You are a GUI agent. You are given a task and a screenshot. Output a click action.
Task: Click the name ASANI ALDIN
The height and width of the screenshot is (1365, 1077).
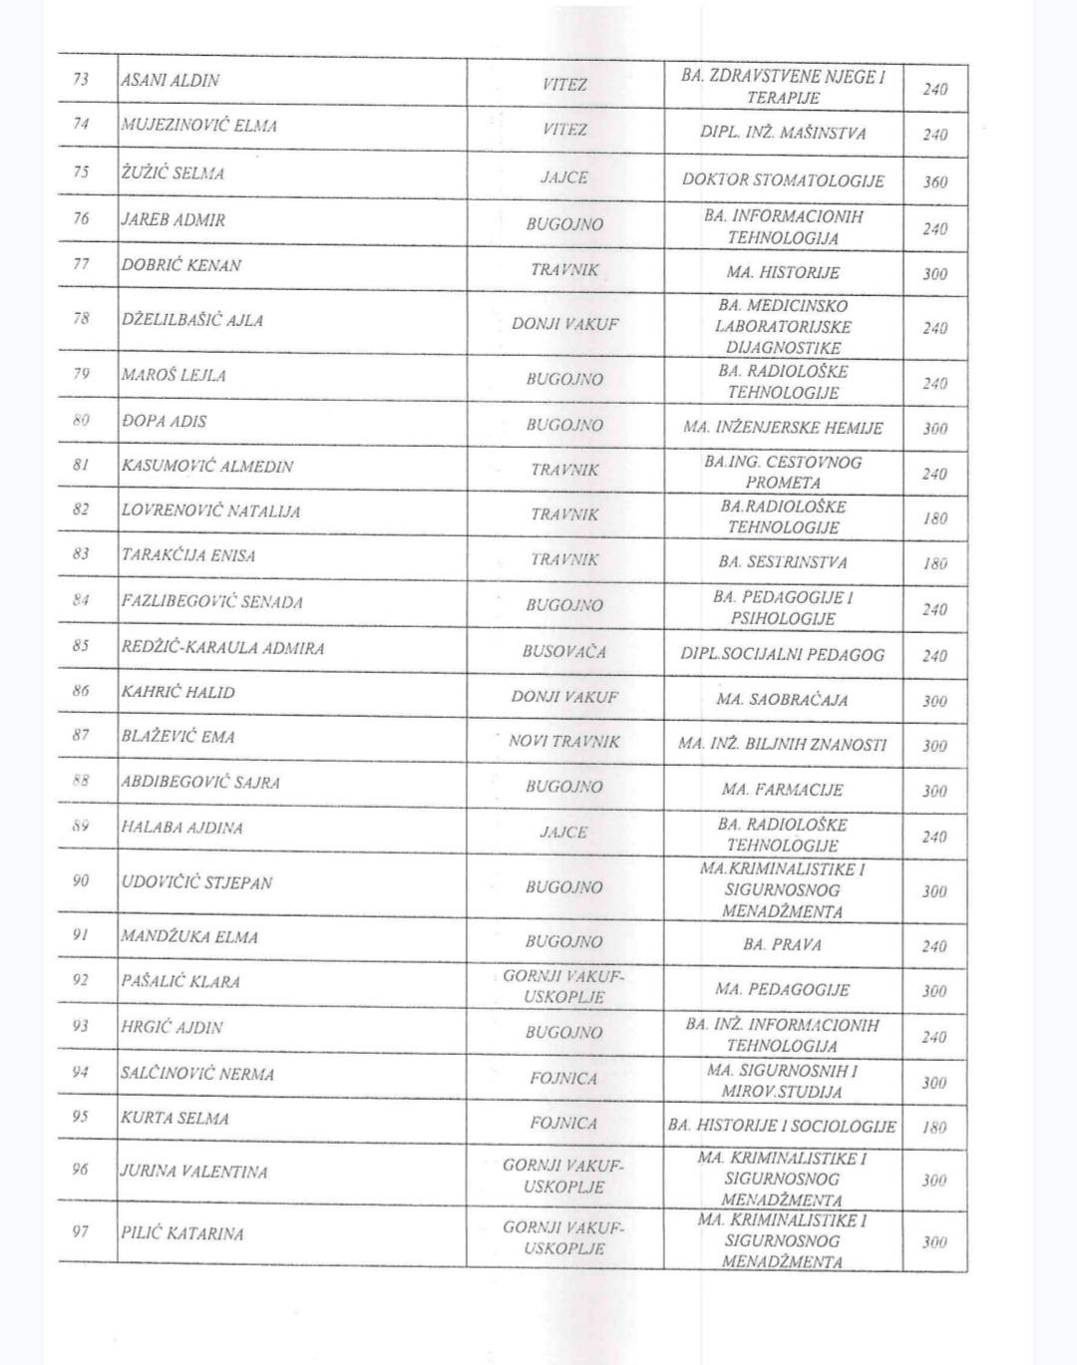pyautogui.click(x=171, y=81)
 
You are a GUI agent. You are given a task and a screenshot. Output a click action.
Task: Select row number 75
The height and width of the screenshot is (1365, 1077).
pyautogui.click(x=81, y=171)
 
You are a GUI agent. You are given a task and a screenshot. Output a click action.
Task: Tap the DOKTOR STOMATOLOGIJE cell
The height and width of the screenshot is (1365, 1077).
pyautogui.click(x=783, y=180)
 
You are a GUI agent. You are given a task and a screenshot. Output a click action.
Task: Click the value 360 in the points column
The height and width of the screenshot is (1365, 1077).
pyautogui.click(x=934, y=182)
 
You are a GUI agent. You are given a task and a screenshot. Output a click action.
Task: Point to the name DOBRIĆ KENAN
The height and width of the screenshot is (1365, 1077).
pyautogui.click(x=181, y=265)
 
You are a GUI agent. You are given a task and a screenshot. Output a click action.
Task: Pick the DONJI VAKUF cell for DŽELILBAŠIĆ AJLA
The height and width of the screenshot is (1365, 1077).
pyautogui.click(x=564, y=324)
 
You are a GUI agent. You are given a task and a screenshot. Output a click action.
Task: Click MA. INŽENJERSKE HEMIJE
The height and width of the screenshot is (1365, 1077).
pyautogui.click(x=783, y=428)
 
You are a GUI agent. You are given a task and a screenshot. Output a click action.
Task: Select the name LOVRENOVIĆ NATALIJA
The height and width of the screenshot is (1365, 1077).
pyautogui.click(x=210, y=512)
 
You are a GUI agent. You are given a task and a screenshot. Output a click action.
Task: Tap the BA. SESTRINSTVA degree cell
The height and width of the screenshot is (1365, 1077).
pyautogui.click(x=783, y=562)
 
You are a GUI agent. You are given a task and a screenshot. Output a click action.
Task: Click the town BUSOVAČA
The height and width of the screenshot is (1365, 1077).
pyautogui.click(x=564, y=652)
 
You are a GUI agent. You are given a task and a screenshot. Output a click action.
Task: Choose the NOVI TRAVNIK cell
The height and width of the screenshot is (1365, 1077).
pyautogui.click(x=564, y=742)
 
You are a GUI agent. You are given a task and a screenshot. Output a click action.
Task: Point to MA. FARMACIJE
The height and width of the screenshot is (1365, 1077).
pyautogui.click(x=783, y=790)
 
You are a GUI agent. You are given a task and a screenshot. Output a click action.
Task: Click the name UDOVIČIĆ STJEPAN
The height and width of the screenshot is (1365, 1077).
pyautogui.click(x=196, y=882)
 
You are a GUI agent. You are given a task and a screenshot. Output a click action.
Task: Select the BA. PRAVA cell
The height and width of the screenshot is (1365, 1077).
pyautogui.click(x=783, y=944)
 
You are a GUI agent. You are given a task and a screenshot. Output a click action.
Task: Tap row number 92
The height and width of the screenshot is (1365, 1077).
pyautogui.click(x=81, y=980)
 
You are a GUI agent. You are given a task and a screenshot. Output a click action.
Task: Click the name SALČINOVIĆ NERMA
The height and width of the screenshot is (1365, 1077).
pyautogui.click(x=197, y=1074)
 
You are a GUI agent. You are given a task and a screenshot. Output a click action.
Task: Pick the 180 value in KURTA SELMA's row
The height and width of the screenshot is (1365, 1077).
pyautogui.click(x=934, y=1128)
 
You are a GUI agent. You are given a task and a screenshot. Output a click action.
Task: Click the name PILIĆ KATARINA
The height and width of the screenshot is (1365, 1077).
pyautogui.click(x=182, y=1233)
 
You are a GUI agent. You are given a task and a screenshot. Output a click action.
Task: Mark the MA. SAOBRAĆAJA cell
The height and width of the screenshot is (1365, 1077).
pyautogui.click(x=783, y=700)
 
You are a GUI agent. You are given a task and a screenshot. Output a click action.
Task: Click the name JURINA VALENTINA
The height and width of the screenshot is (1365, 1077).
pyautogui.click(x=194, y=1172)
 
